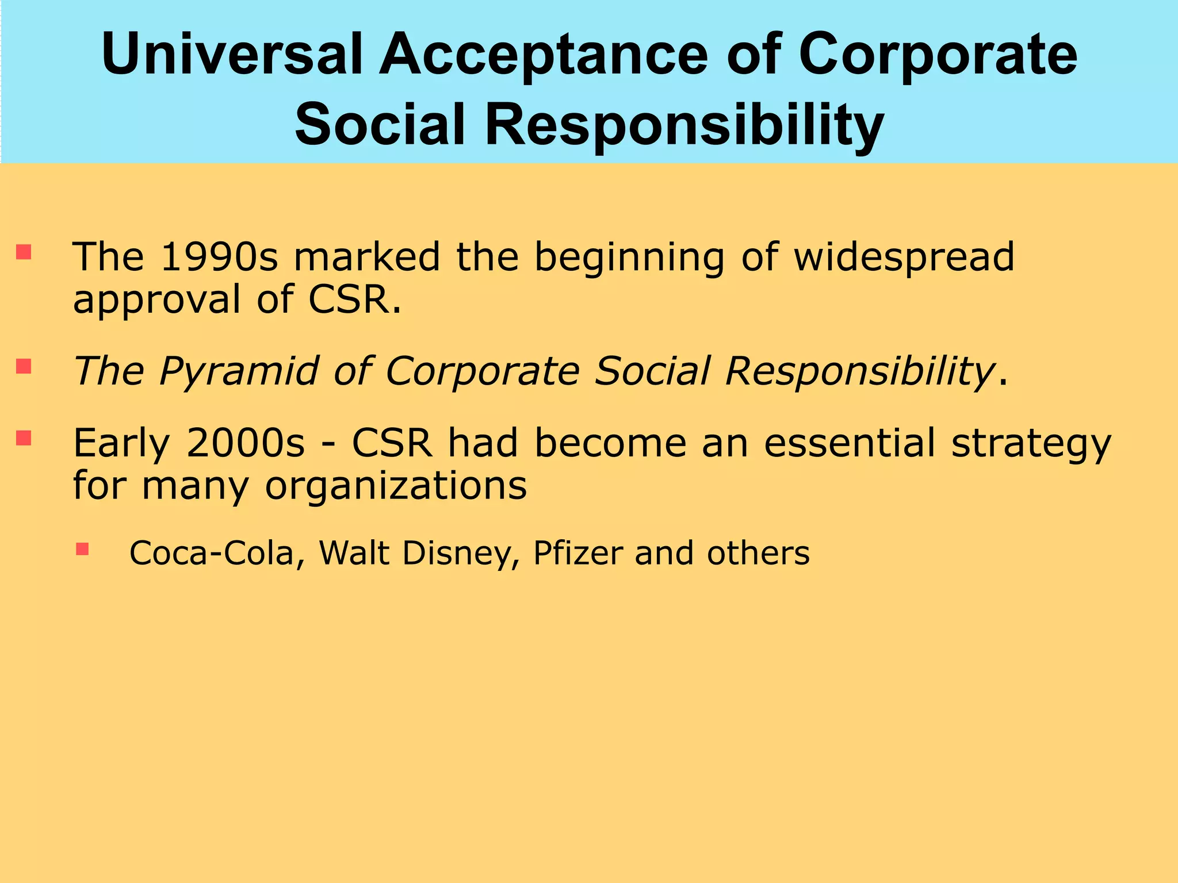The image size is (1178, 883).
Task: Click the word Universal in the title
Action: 232,55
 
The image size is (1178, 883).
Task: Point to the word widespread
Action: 904,258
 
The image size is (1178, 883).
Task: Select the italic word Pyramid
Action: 238,372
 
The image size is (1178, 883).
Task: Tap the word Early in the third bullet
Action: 121,444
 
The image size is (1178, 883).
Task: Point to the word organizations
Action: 396,486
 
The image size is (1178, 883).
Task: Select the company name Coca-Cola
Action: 211,553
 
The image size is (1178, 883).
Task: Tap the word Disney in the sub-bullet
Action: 457,554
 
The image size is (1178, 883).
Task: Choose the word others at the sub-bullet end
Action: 758,553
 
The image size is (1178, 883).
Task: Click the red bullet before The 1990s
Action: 24,252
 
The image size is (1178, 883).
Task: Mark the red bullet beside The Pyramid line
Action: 24,366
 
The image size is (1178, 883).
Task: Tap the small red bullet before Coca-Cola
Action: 82,549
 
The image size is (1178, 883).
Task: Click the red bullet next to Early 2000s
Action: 24,438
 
